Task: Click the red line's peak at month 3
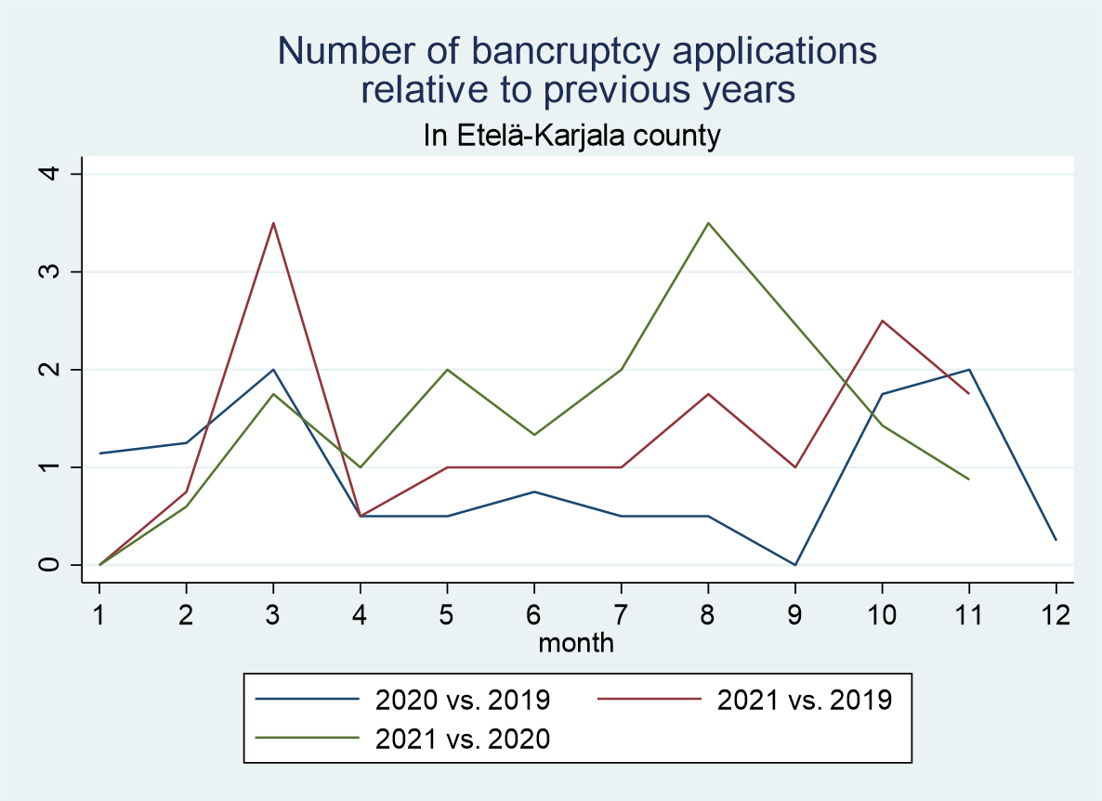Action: pos(273,223)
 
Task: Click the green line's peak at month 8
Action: pos(708,223)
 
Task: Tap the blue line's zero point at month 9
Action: pos(795,564)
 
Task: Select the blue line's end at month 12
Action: pos(1056,540)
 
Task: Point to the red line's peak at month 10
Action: pos(882,321)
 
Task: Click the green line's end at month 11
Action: pos(969,479)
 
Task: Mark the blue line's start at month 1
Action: pos(99,453)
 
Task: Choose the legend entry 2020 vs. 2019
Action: pos(462,699)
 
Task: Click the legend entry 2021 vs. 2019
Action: pos(804,699)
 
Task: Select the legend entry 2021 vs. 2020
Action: pos(462,739)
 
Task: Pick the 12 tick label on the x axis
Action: pos(1056,614)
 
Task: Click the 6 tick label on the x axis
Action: pos(534,614)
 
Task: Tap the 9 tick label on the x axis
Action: pos(795,614)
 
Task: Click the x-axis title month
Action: pos(576,641)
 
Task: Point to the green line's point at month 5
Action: pos(447,370)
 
